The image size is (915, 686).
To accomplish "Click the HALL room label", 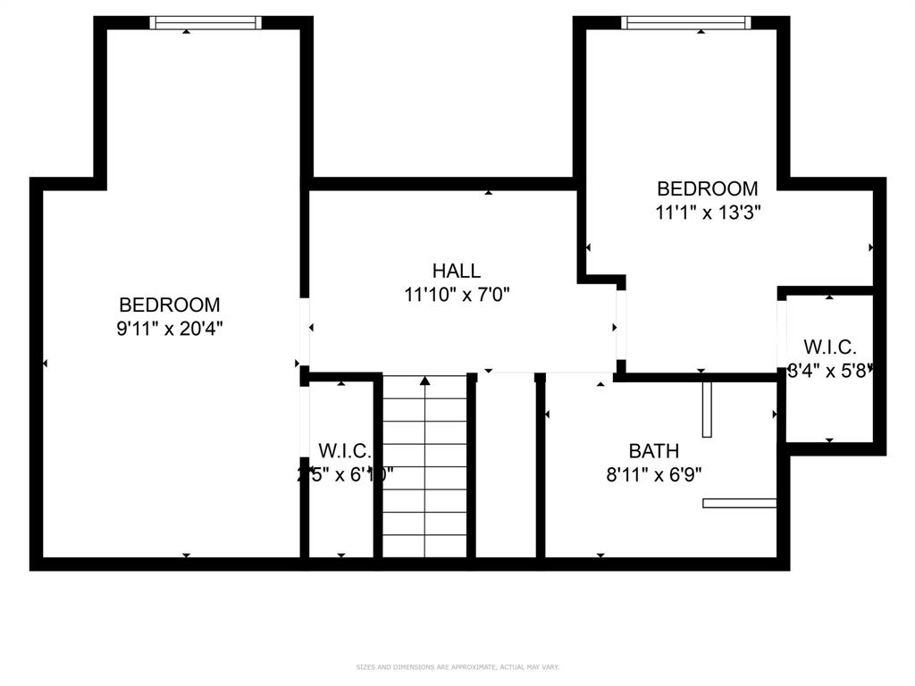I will point(456,271).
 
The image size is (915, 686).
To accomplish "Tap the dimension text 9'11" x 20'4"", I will point(170,328).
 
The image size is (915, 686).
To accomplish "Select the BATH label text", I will point(653,451).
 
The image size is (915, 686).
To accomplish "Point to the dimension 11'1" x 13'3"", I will point(707,213).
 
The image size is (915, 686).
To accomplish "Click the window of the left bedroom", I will point(206,23).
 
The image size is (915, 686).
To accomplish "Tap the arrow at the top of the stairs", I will point(425,381).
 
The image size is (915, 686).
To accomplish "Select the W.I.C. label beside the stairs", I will point(345,451).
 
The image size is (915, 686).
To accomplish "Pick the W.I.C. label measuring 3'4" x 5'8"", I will point(829,347).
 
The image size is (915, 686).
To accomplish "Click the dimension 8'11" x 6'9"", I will point(653,475).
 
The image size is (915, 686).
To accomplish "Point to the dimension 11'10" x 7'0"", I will point(456,294).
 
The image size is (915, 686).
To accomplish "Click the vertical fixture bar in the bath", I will point(707,409).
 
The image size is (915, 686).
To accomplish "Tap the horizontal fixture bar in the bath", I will point(739,503).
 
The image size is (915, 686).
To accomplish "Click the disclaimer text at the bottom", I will point(457,667).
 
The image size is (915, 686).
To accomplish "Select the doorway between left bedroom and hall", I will point(305,330).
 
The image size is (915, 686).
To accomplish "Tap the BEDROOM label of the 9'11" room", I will point(170,305).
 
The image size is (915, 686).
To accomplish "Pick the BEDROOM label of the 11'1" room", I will point(707,188).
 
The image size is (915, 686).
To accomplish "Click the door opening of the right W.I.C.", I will point(782,337).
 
